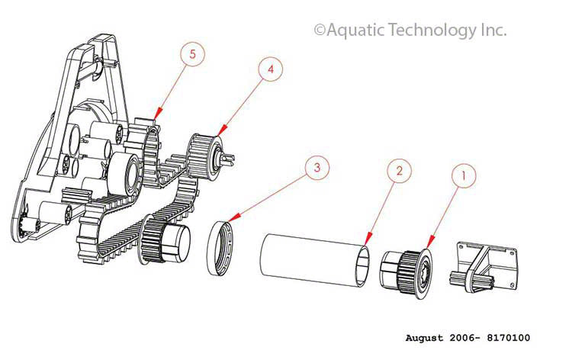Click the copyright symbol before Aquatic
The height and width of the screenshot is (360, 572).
[x=320, y=31]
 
